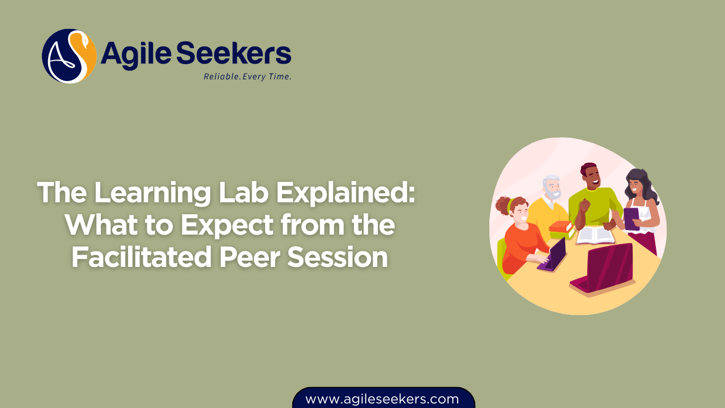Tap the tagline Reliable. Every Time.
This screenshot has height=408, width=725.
click(x=248, y=76)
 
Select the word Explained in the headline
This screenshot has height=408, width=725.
click(x=346, y=194)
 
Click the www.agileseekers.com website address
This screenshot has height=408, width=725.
click(x=382, y=399)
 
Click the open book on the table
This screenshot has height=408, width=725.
click(x=595, y=235)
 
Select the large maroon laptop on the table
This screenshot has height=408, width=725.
click(x=603, y=269)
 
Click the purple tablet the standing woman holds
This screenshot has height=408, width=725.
click(x=630, y=218)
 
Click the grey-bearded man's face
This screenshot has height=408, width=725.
click(x=552, y=188)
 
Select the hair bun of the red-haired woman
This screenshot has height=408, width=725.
click(x=502, y=204)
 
